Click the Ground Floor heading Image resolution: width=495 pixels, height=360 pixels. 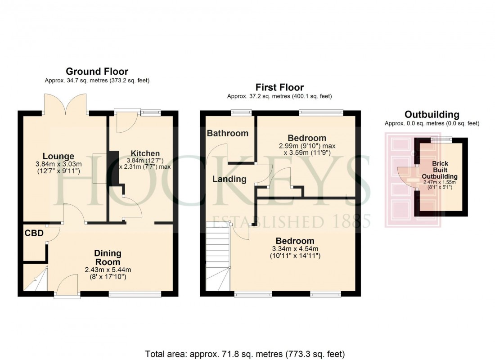coord(97,72)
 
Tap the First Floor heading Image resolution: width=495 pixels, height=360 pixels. coord(279,87)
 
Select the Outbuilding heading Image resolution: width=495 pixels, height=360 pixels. coord(432,114)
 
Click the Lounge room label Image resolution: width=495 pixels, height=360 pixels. coord(58,157)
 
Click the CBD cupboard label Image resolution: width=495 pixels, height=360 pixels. coord(34,233)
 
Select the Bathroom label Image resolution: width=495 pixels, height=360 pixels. coord(228,133)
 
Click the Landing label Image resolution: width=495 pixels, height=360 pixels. coord(229,179)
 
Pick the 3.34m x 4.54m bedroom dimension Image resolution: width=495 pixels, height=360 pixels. coord(295,249)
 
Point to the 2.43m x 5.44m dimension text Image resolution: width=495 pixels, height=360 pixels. coord(108,270)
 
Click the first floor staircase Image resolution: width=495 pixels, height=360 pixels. coord(218,258)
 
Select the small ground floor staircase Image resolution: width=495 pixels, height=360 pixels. coord(36,279)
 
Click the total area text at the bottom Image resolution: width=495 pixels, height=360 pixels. coord(246,353)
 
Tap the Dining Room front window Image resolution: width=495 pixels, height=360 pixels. coord(135,294)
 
